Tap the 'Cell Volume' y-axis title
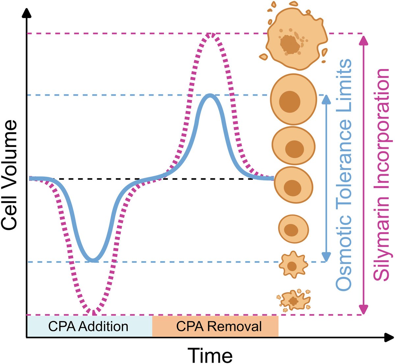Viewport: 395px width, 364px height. [x=9, y=174]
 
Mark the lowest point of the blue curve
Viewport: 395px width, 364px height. [x=93, y=260]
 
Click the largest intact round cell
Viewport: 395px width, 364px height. [x=293, y=99]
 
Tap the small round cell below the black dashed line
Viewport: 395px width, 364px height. [x=293, y=229]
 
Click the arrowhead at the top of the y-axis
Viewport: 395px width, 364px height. [x=27, y=12]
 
